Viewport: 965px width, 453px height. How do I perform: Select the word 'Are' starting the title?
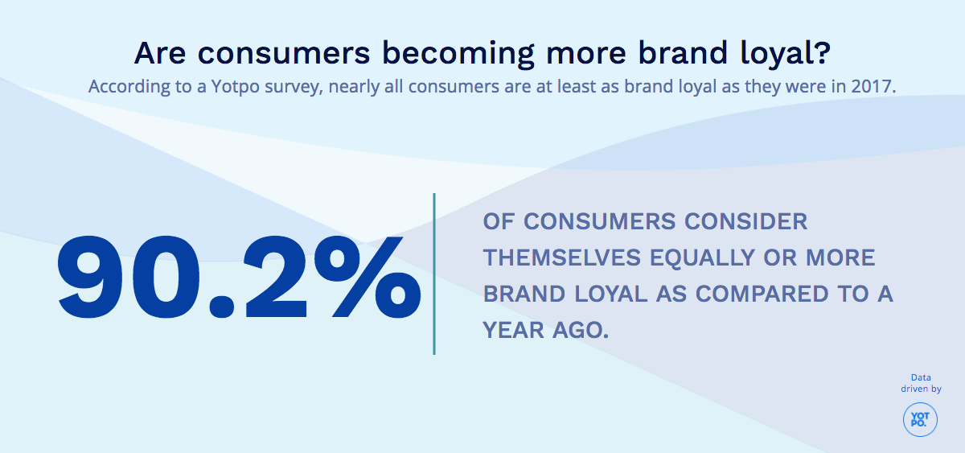click(161, 53)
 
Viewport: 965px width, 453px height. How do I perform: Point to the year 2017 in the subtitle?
click(872, 86)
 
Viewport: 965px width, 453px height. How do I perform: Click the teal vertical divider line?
click(434, 274)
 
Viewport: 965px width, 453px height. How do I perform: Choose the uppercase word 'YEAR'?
click(512, 330)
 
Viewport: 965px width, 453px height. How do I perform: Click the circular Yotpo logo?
click(920, 420)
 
